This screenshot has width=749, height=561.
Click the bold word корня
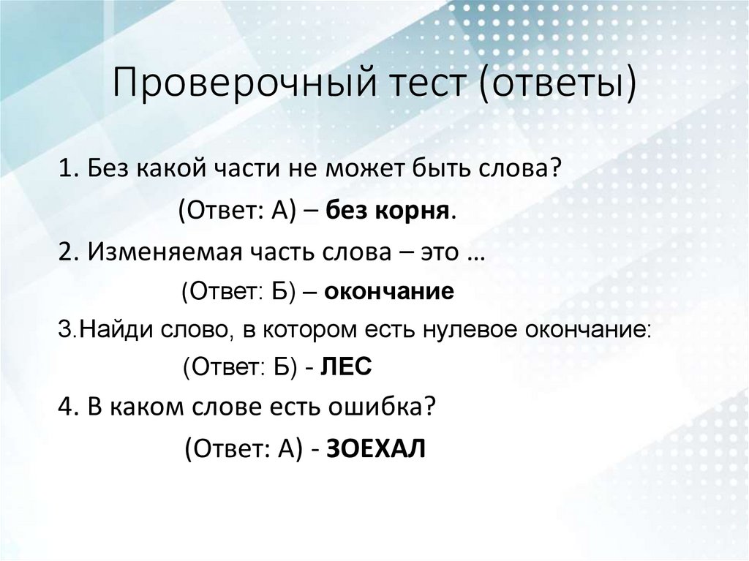pyautogui.click(x=416, y=211)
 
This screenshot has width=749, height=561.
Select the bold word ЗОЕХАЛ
pyautogui.click(x=374, y=448)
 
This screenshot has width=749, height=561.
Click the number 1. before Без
pyautogui.click(x=69, y=171)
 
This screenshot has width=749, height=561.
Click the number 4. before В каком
pyautogui.click(x=69, y=408)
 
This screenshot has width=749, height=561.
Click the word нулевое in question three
pyautogui.click(x=468, y=330)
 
